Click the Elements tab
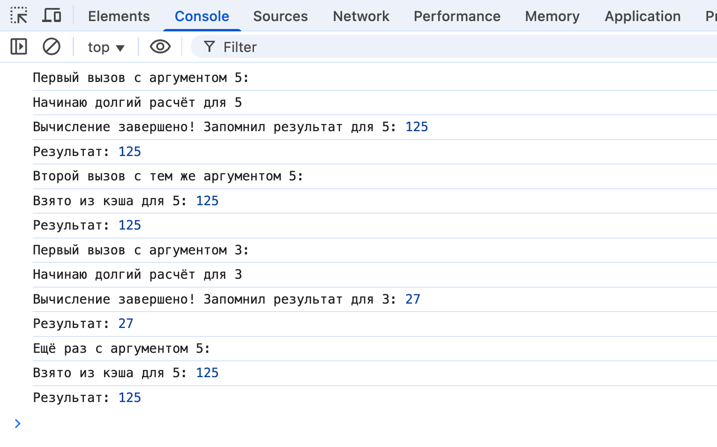pyautogui.click(x=119, y=16)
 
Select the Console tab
pyautogui.click(x=202, y=16)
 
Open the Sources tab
pyautogui.click(x=280, y=16)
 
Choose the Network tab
pyautogui.click(x=361, y=16)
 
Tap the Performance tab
pyautogui.click(x=457, y=16)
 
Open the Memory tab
pyautogui.click(x=553, y=16)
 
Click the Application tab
pyautogui.click(x=643, y=16)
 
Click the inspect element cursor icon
pyautogui.click(x=19, y=15)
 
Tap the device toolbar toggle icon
pyautogui.click(x=52, y=15)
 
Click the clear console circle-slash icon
pyautogui.click(x=52, y=47)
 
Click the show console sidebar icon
pyautogui.click(x=19, y=47)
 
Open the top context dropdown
pyautogui.click(x=106, y=47)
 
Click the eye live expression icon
pyautogui.click(x=160, y=47)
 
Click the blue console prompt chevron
pyautogui.click(x=18, y=424)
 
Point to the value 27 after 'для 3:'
pyautogui.click(x=413, y=299)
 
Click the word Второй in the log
pyautogui.click(x=56, y=176)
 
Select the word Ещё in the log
pyautogui.click(x=45, y=348)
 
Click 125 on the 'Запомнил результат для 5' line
pyautogui.click(x=417, y=127)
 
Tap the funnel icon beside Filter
pyautogui.click(x=209, y=47)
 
